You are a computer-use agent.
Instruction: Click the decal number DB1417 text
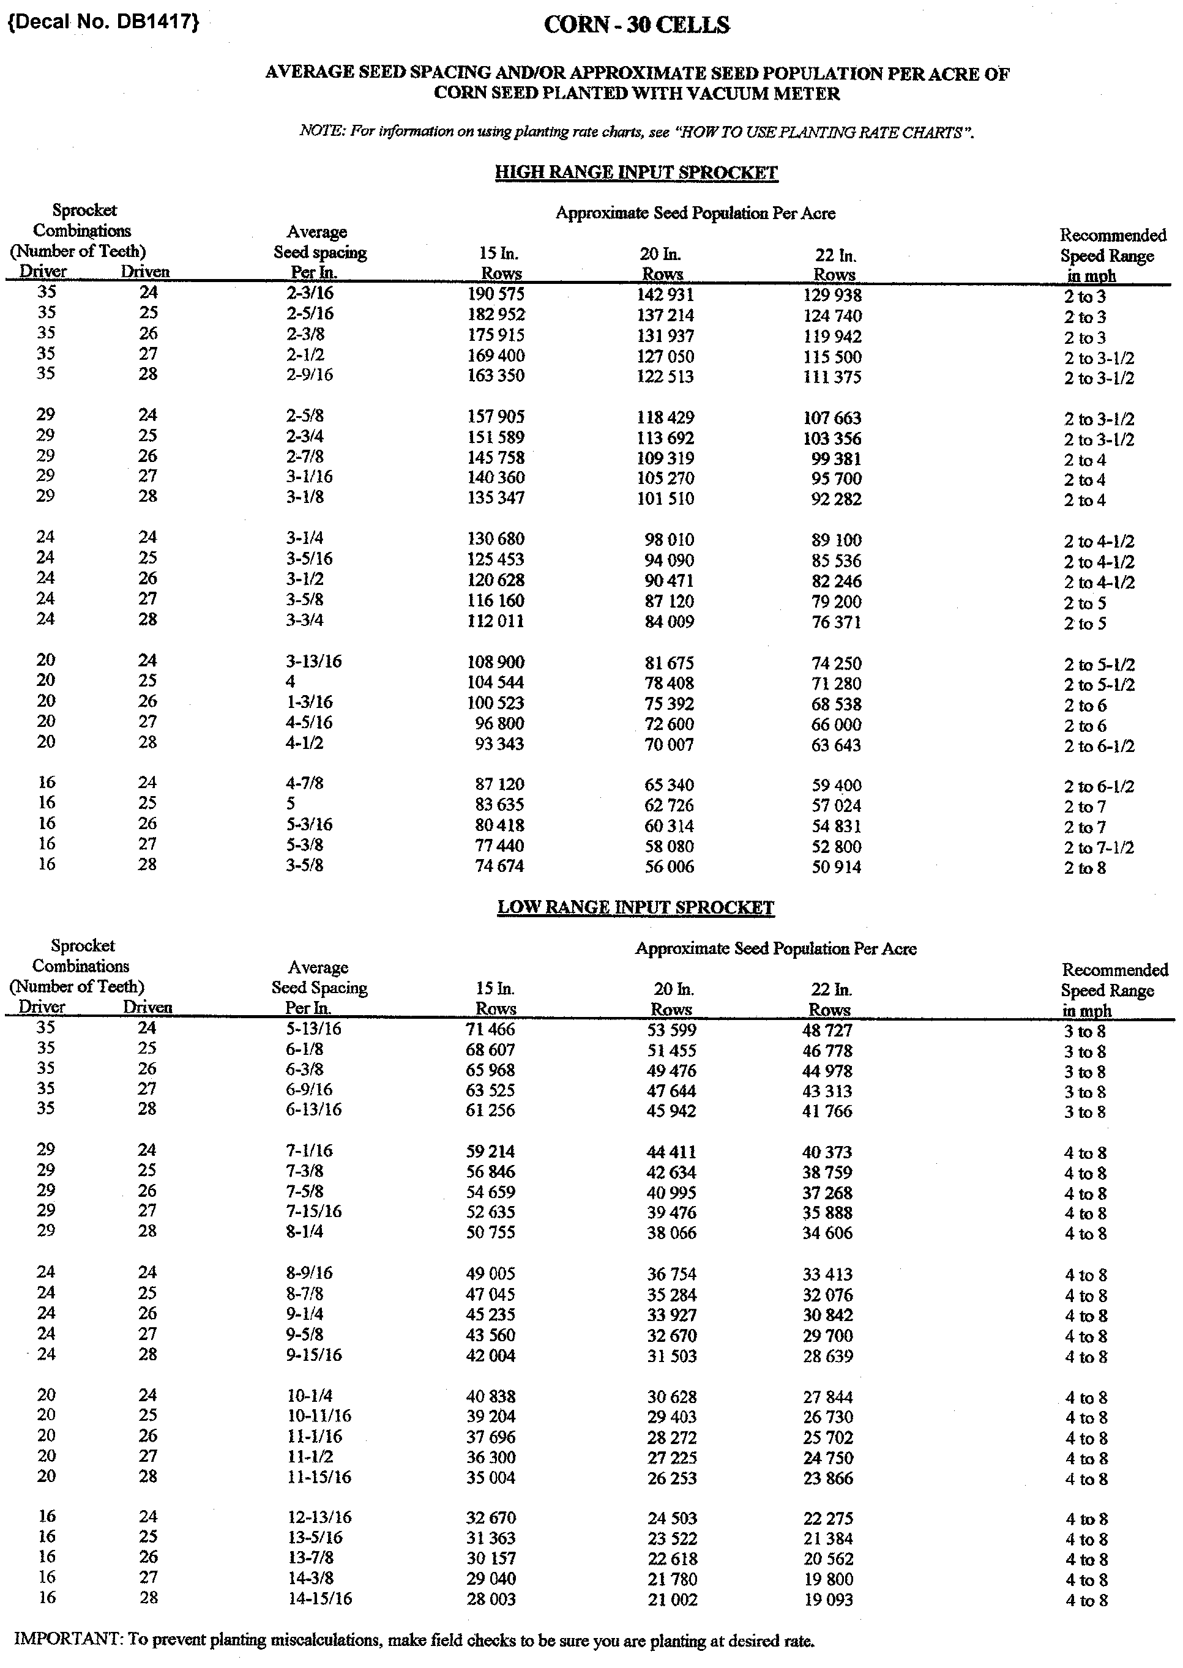pos(103,23)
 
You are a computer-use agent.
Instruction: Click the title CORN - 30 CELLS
pos(636,26)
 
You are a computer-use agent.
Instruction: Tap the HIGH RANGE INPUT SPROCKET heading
pos(636,173)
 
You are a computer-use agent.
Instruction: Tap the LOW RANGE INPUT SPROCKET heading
pos(635,907)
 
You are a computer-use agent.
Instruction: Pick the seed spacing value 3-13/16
pos(313,662)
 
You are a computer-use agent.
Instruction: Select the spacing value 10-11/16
pos(319,1416)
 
